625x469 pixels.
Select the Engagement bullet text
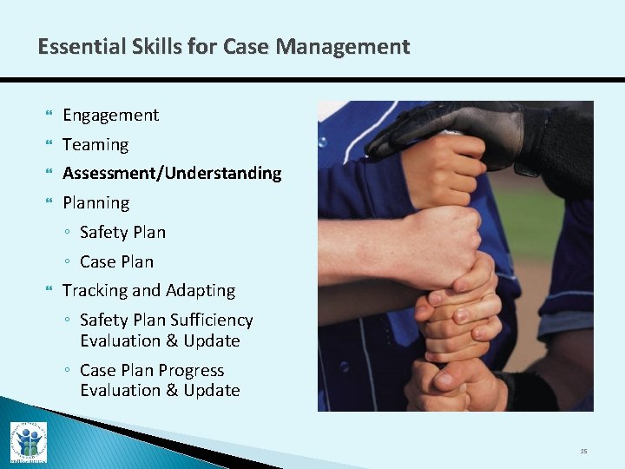coord(110,116)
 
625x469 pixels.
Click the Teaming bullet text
coord(95,145)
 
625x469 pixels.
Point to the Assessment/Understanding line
coord(172,174)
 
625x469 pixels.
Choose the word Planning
coord(95,203)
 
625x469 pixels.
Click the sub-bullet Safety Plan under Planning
coord(122,233)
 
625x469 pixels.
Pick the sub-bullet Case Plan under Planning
coord(116,262)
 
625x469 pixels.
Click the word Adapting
coord(201,291)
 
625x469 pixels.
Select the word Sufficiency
coord(212,320)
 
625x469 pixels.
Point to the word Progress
coord(191,371)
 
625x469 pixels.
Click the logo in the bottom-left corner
coord(29,441)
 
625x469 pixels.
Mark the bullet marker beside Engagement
coord(48,116)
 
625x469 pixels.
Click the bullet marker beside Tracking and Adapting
coord(48,291)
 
